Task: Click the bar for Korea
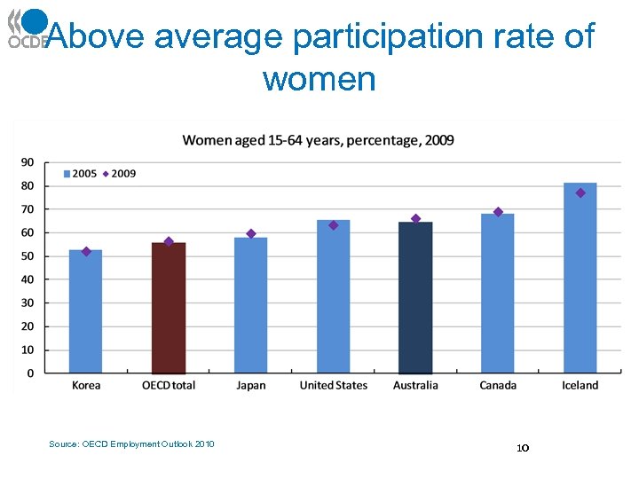coord(86,311)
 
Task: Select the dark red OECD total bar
coord(169,308)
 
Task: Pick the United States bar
coord(334,296)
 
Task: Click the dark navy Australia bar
coord(415,297)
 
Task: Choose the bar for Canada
coord(498,294)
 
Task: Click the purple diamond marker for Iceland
coord(580,192)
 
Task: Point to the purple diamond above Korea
coord(86,251)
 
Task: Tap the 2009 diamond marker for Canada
coord(498,212)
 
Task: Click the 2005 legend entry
coord(80,174)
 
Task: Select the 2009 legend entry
coord(119,174)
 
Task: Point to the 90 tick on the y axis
coord(28,162)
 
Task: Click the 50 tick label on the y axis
coord(28,256)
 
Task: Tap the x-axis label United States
coord(333,385)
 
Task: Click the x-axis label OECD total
coord(169,385)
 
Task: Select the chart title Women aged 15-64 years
coord(318,141)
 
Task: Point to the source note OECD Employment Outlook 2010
coord(131,444)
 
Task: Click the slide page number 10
coord(523,449)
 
